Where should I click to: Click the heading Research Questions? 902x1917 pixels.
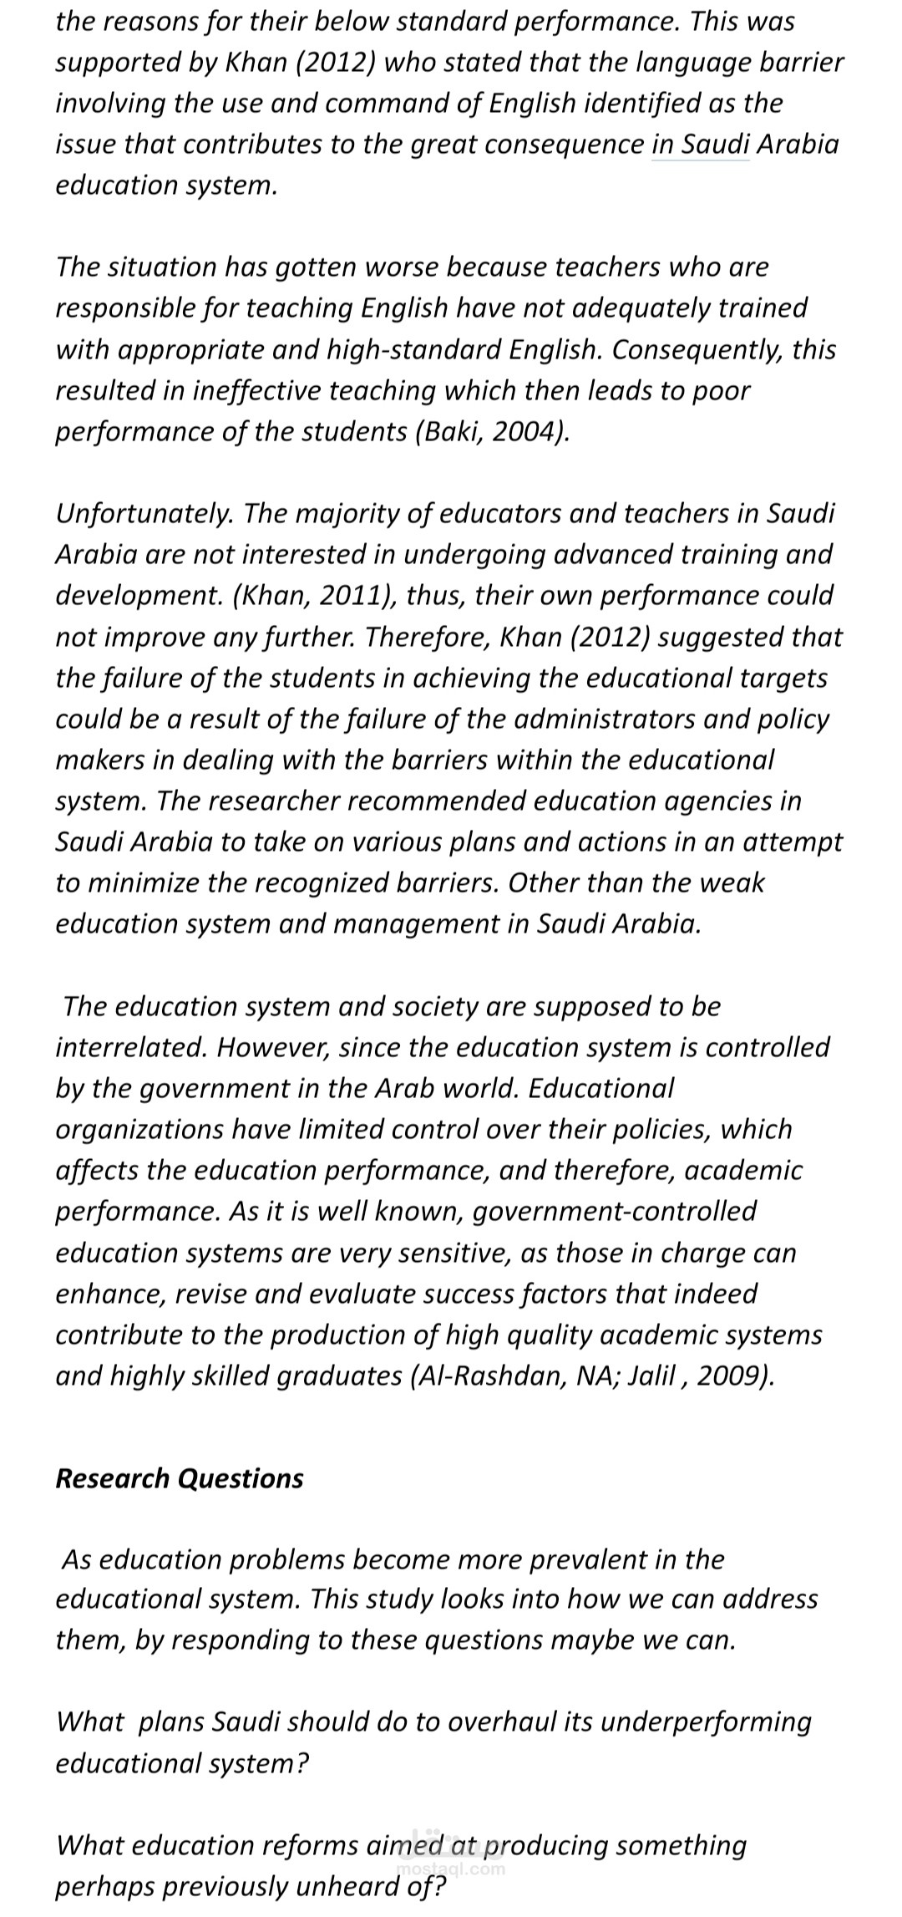pyautogui.click(x=180, y=1477)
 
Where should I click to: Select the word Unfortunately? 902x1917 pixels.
pyautogui.click(x=144, y=513)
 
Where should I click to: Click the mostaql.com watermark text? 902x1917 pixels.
pyautogui.click(x=451, y=1869)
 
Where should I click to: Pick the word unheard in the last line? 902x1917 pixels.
pyautogui.click(x=361, y=1887)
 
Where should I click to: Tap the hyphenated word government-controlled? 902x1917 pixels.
pyautogui.click(x=615, y=1211)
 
